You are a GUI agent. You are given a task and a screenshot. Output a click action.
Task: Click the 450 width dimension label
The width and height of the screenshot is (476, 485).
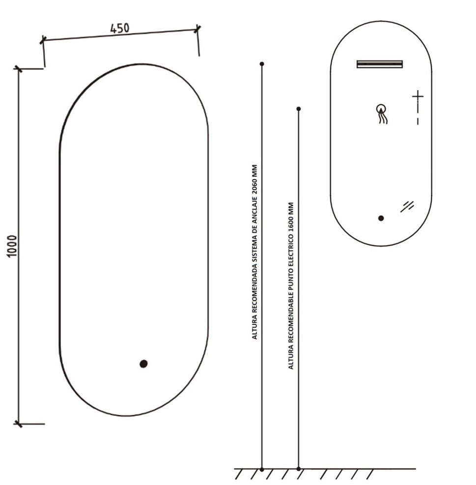tap(120, 29)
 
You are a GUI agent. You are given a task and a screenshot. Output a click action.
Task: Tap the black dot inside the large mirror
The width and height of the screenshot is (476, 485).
tap(143, 364)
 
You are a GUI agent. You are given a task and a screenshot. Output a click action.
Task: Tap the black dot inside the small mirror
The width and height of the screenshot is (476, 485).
tap(381, 218)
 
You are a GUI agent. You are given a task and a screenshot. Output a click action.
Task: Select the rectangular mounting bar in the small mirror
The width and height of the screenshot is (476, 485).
tap(380, 64)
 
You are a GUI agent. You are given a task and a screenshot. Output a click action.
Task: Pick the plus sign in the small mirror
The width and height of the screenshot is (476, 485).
tap(418, 96)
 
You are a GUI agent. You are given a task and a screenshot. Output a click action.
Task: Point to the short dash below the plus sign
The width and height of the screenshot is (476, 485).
tap(418, 121)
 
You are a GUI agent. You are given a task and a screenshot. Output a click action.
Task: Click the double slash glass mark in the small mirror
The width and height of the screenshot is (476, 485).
tap(407, 207)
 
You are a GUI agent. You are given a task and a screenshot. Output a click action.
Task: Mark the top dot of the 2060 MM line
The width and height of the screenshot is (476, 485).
tap(262, 64)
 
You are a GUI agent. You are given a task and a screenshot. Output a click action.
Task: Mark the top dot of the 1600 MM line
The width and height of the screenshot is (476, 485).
tap(299, 109)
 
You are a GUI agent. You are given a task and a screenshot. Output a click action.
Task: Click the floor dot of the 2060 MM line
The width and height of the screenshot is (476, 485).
tap(262, 469)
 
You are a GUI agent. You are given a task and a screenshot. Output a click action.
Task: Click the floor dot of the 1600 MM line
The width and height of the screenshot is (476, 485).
tap(299, 469)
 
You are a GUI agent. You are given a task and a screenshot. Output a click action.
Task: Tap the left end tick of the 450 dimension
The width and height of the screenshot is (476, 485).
tap(43, 40)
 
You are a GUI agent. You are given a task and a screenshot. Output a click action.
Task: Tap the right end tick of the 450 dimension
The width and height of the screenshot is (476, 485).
tap(197, 29)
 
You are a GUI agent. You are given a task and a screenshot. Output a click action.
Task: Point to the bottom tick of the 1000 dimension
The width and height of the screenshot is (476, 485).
tap(19, 423)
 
